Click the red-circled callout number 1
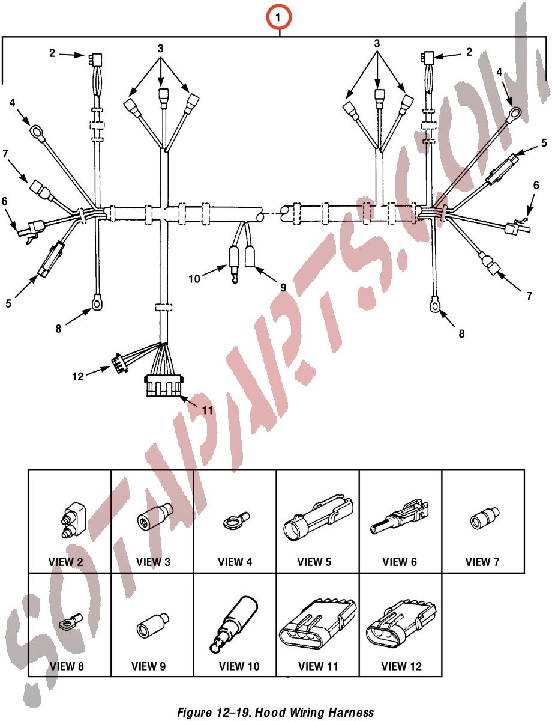pos(278,17)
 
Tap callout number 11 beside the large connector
pos(208,410)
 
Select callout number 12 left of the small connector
pos(78,376)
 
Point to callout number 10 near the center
pos(194,279)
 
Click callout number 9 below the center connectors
pos(283,287)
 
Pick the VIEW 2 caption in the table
pos(65,562)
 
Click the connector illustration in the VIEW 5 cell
pos(318,518)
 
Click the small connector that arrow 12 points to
pos(117,364)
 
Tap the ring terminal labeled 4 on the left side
pos(37,132)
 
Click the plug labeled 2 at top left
pos(95,60)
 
